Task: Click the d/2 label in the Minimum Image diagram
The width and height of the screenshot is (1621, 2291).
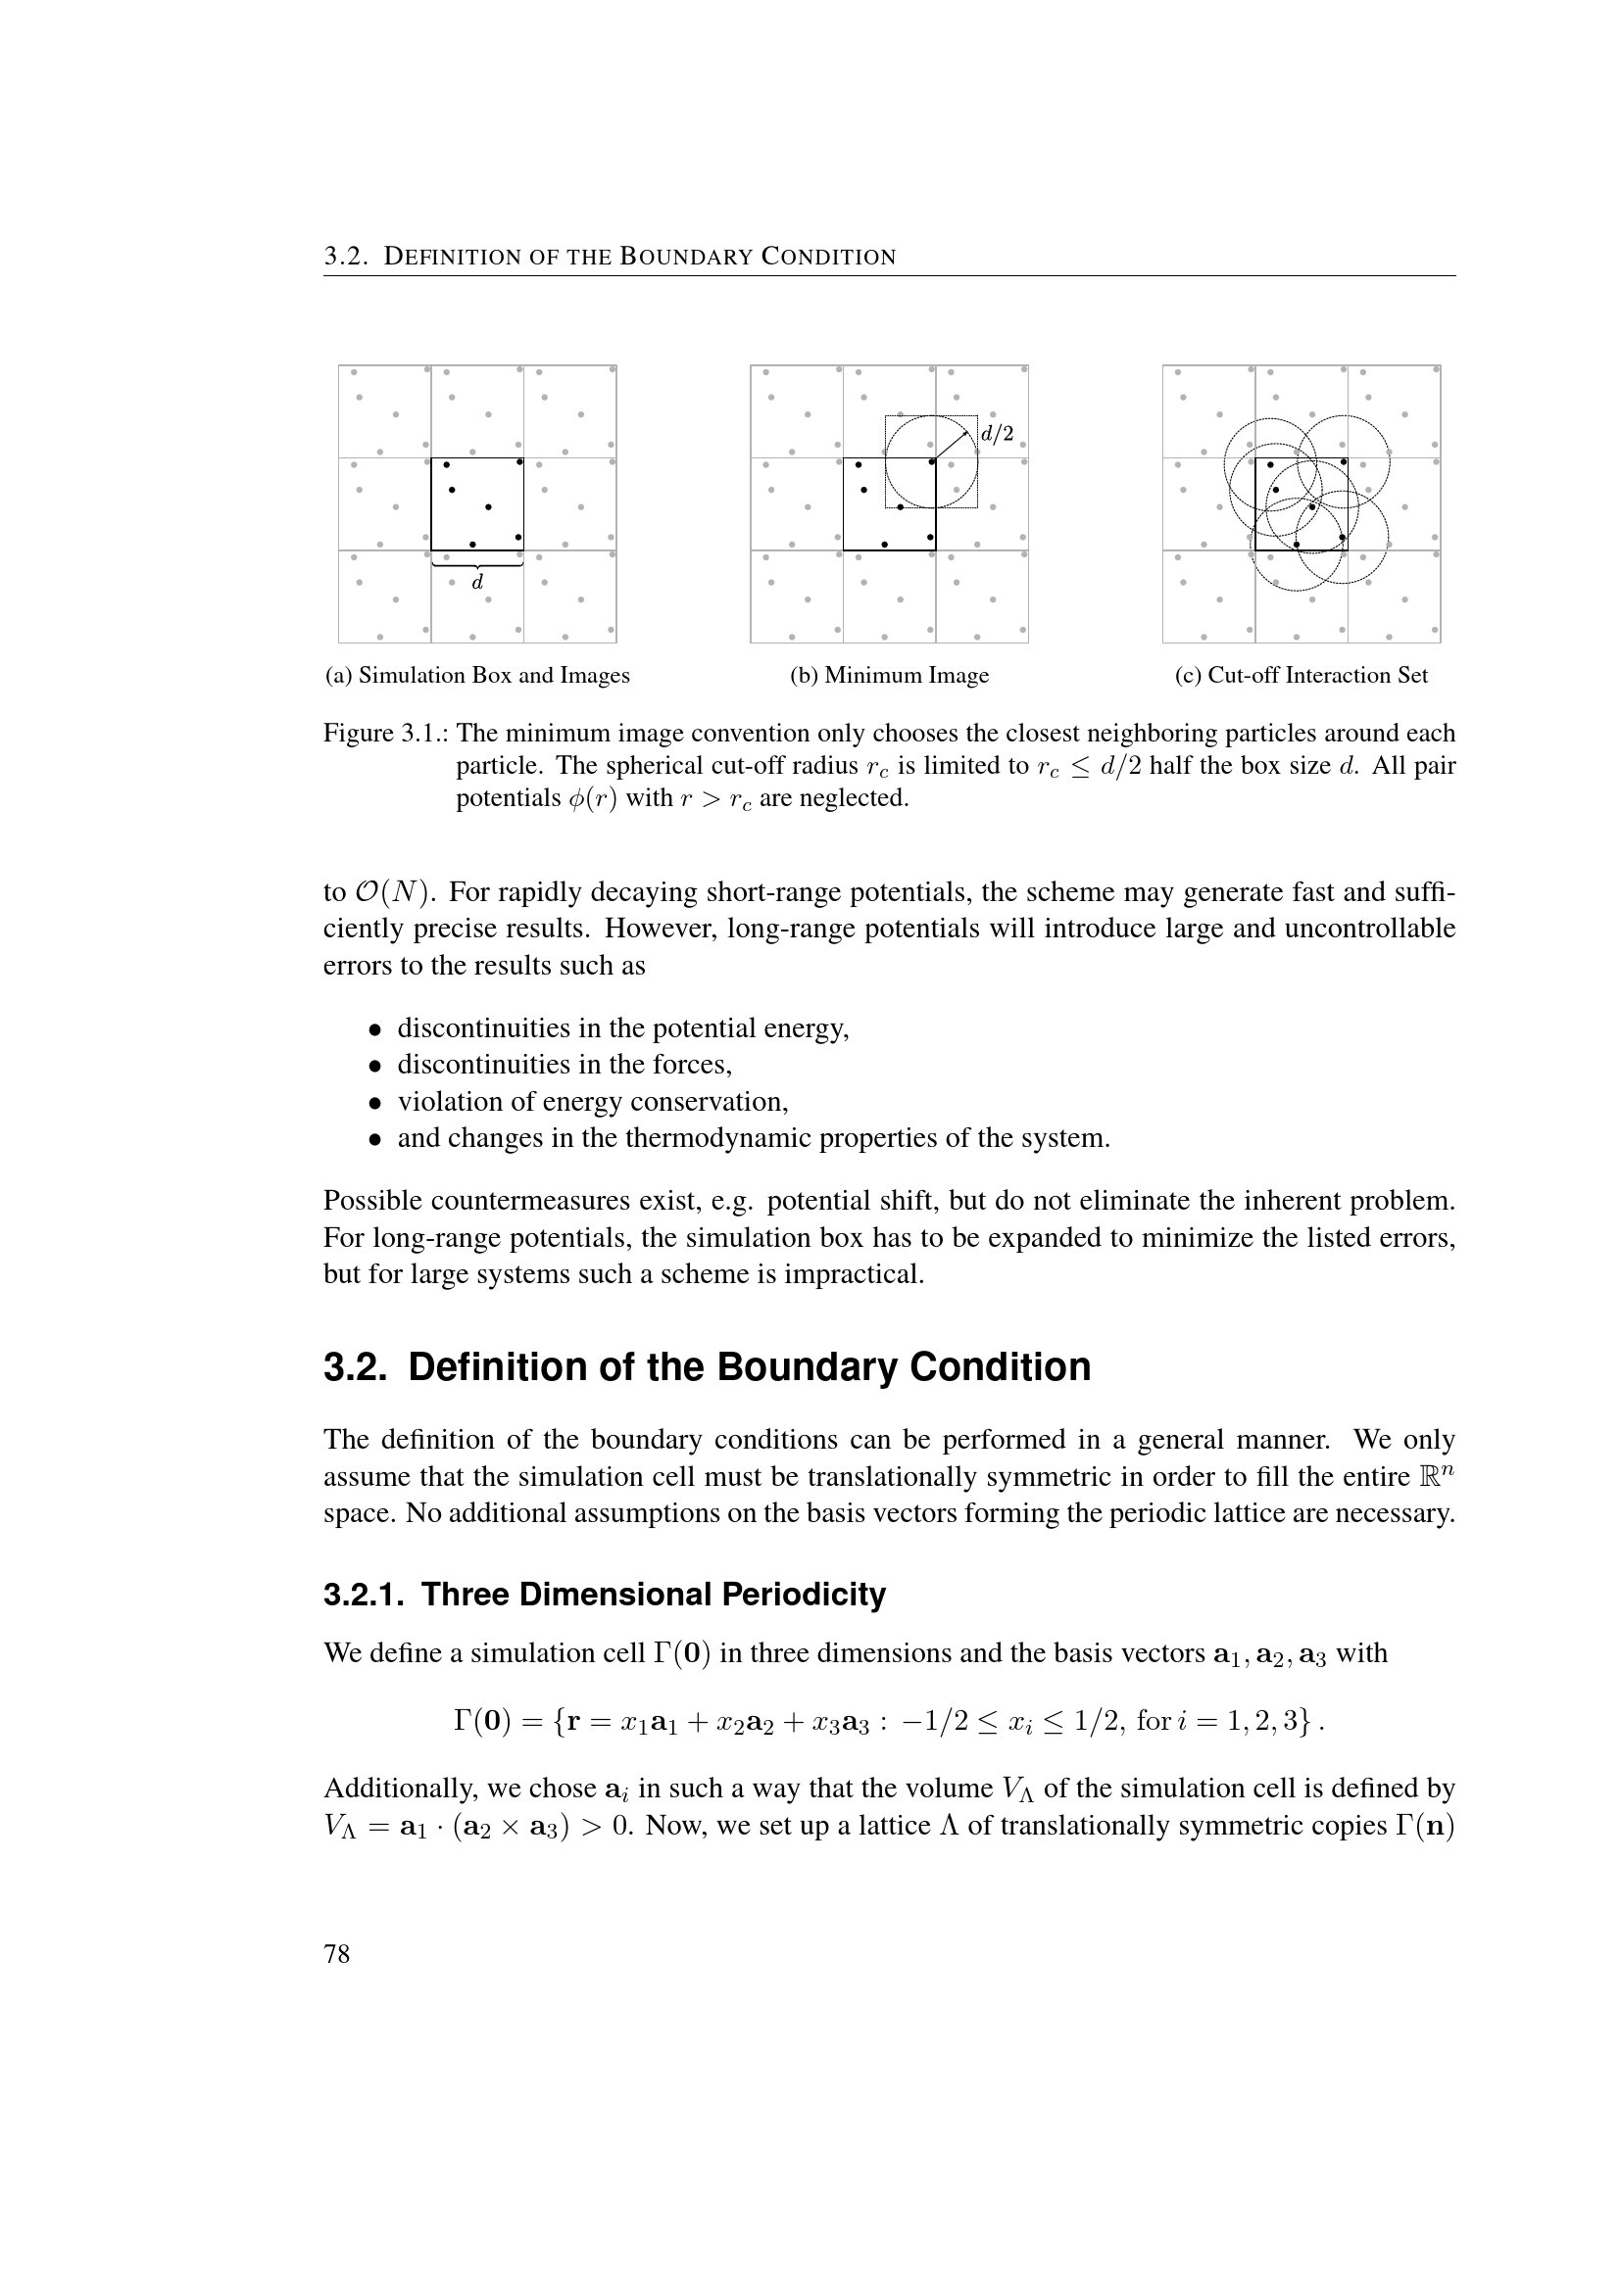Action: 996,433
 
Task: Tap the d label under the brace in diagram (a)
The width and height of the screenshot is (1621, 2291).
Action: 477,582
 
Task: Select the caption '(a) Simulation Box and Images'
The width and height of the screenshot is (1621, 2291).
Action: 477,676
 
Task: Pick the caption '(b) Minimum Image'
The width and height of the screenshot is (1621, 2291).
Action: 889,676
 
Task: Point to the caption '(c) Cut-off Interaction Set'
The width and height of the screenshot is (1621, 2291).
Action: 1301,676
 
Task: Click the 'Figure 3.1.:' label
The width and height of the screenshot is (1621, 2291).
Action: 386,734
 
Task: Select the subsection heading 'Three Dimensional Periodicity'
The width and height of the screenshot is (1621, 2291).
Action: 653,1595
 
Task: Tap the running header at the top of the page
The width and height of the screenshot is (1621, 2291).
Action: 610,257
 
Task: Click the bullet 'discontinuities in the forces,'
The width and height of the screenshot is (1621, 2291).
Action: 564,1065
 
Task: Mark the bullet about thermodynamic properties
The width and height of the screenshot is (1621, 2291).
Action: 754,1138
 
